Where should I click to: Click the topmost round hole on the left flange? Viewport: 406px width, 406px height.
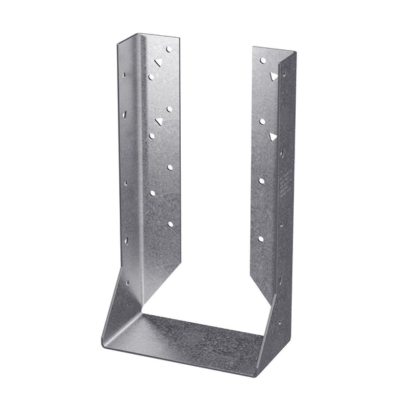click(x=169, y=49)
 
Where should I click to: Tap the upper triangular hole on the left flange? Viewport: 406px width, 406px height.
click(x=158, y=62)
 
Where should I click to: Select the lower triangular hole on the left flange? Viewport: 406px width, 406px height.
click(x=159, y=121)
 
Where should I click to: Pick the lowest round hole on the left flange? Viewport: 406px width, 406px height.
click(x=170, y=224)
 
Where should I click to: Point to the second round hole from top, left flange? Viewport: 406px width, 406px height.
click(x=150, y=76)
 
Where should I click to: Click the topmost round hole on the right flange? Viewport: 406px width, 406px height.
click(x=263, y=61)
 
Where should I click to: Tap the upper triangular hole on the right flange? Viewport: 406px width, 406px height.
click(x=273, y=76)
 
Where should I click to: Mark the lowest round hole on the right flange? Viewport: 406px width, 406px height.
click(x=261, y=239)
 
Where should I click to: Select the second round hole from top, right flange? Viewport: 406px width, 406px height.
click(x=262, y=121)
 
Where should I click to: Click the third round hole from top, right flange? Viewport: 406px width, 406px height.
click(x=261, y=181)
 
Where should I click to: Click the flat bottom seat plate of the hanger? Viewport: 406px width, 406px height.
click(x=189, y=338)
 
